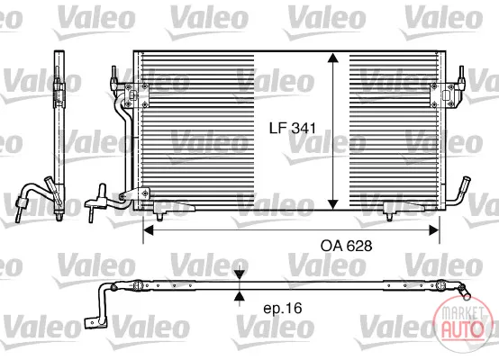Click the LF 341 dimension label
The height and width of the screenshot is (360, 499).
(293, 128)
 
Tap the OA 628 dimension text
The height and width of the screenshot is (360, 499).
(346, 246)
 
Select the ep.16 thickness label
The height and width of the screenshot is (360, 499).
(283, 308)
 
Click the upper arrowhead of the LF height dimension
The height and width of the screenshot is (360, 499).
(333, 58)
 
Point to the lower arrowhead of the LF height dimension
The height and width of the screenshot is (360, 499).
(333, 204)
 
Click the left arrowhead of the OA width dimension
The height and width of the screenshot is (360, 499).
(149, 229)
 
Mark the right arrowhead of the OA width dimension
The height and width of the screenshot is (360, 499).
(434, 229)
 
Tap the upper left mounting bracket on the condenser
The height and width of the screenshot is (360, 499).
(137, 95)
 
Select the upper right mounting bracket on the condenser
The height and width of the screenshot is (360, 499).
(442, 95)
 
